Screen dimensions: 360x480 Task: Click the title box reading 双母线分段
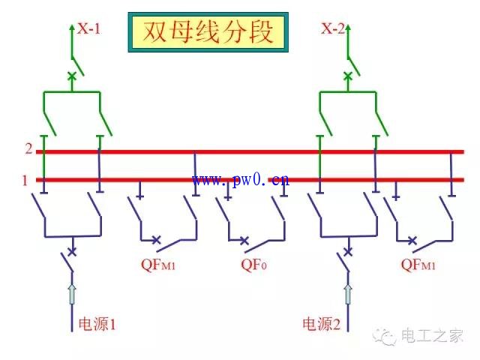[x=208, y=31]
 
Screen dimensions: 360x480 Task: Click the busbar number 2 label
[x=28, y=148]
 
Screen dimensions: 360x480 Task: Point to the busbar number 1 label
[x=25, y=180]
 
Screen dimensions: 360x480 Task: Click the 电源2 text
[x=322, y=324]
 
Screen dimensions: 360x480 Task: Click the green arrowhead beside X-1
[x=72, y=28]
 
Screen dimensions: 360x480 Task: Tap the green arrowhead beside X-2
[x=347, y=28]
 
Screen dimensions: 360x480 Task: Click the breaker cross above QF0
[x=244, y=241]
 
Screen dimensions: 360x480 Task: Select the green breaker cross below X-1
[x=72, y=76]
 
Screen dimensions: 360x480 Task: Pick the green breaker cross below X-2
[x=347, y=76]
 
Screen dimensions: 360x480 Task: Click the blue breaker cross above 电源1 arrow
[x=72, y=251]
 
